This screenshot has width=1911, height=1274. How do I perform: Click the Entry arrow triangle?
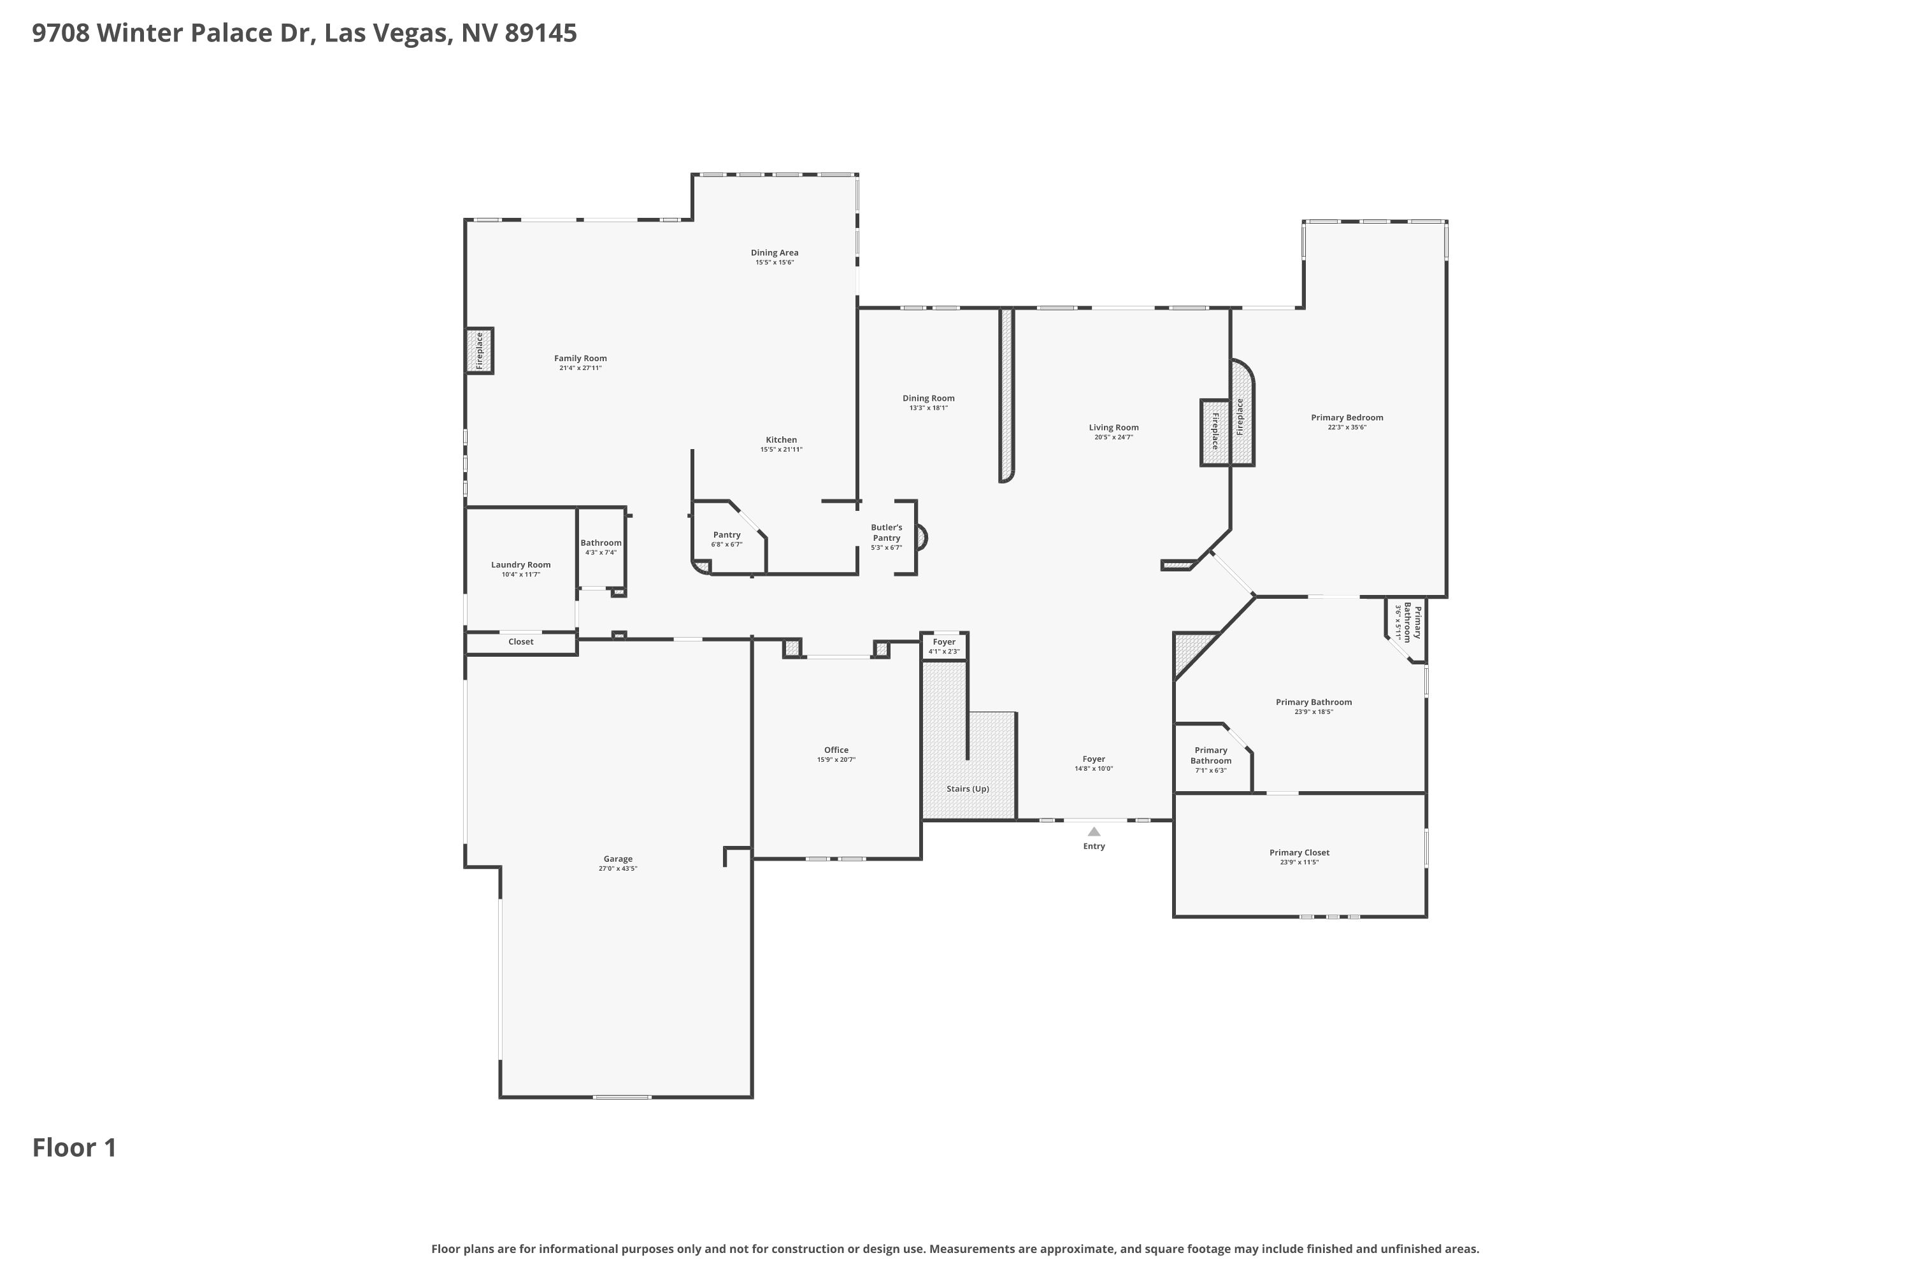1094,831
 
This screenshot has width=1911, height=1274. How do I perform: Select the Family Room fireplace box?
480,351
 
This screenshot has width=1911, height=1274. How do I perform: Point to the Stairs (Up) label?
968,789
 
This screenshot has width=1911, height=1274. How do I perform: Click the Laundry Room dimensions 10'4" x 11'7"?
521,575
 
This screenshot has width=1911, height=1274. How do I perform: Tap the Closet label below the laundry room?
521,642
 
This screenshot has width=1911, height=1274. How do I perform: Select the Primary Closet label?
1299,852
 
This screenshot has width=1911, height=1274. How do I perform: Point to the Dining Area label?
775,253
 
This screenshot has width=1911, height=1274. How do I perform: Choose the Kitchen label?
781,440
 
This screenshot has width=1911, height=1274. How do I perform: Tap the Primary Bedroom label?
1347,418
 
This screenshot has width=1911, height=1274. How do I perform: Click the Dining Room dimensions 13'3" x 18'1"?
928,408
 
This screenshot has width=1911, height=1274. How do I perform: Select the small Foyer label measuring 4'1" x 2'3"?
944,642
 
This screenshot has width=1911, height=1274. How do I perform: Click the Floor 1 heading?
75,1147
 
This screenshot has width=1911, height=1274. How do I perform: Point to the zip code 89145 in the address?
540,33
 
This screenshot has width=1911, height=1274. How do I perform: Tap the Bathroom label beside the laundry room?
601,543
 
